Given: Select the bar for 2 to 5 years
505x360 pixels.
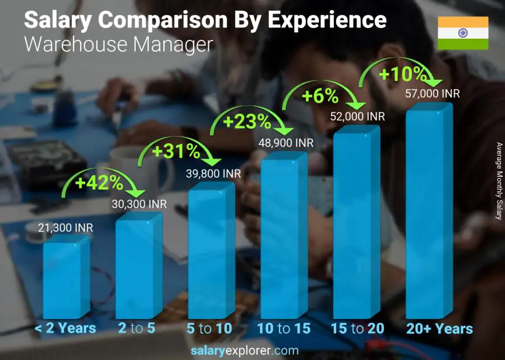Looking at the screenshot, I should pos(139,267).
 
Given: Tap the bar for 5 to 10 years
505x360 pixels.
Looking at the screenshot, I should pos(211,253).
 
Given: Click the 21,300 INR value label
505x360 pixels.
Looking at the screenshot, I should pos(66,228).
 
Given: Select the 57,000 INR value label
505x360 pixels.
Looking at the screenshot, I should pos(432,94).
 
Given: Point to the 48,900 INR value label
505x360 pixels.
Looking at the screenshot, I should pos(286,143).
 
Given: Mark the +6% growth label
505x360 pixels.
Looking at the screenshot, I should pos(320,97).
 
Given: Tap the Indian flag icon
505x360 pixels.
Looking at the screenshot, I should pos(463,33).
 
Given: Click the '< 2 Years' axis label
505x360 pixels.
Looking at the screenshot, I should pos(66,329).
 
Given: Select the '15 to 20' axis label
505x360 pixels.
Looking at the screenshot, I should pos(357,329).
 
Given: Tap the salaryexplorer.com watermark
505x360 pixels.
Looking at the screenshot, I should pos(244,351).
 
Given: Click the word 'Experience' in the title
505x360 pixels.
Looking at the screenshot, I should pos(326,20).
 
